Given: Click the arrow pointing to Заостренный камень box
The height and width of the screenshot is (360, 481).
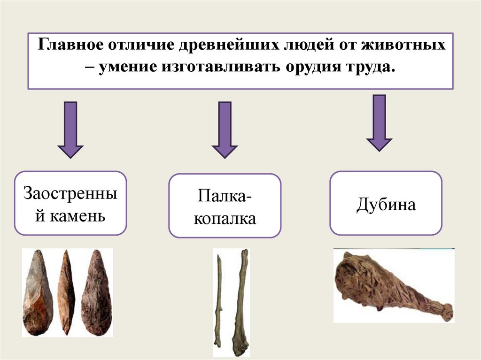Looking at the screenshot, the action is pyautogui.click(x=70, y=130).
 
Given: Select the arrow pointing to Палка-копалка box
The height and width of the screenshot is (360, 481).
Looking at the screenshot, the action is pyautogui.click(x=225, y=130).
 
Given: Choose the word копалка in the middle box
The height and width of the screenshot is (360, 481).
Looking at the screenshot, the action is pyautogui.click(x=225, y=218).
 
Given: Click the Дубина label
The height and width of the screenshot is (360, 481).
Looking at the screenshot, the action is pyautogui.click(x=386, y=205).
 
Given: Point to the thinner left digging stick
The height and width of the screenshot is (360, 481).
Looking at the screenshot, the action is pyautogui.click(x=219, y=300).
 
